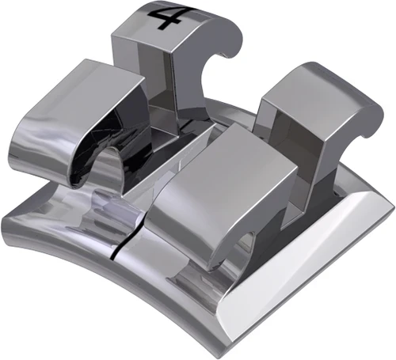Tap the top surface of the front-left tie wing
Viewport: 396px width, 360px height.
point(87,91)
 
